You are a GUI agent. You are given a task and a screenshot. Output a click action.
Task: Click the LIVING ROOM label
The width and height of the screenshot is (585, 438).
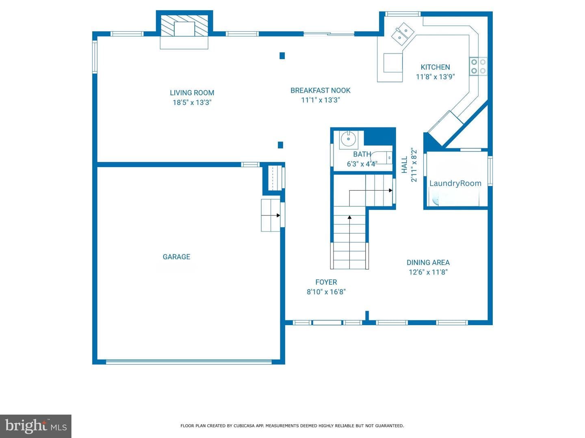pos(192,93)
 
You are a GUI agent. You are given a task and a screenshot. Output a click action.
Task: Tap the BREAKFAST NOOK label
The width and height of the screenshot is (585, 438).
pos(321,90)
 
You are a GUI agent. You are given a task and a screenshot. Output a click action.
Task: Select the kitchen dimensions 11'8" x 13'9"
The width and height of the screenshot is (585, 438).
pos(435,77)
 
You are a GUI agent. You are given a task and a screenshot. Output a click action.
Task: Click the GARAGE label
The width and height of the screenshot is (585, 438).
pos(176,257)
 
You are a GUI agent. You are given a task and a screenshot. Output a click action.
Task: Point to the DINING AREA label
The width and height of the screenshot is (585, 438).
pos(428,262)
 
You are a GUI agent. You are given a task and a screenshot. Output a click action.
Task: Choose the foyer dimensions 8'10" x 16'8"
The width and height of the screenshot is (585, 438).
pos(326,292)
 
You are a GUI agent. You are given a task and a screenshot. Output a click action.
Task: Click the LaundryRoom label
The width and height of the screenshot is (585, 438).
pos(455,183)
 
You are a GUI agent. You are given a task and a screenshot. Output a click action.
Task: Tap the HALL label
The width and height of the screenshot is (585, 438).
pos(405,165)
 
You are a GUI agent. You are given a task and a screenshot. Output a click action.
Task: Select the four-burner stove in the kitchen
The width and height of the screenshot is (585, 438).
pos(478,67)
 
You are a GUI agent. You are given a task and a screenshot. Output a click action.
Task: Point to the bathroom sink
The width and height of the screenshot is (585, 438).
pos(348,139)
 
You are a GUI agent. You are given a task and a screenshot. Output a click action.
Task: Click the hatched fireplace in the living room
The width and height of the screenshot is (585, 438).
pos(184,26)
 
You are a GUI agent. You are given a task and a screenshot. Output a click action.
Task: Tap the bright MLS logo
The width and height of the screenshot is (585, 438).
pos(36,426)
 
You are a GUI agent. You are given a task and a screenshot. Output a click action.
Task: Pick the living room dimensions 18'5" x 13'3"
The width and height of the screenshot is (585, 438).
pos(192,102)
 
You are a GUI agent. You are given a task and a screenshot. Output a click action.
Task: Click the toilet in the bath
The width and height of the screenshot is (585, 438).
pos(381,157)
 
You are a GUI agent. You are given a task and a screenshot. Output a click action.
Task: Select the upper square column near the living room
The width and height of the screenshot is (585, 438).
pos(282,56)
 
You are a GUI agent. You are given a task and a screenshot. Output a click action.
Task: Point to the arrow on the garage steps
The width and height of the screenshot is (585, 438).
pos(271,215)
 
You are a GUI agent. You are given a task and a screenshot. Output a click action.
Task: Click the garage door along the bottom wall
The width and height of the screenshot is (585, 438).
pos(188,362)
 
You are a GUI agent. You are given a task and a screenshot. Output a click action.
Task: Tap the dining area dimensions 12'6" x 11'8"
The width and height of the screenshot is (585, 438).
pos(428,272)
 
